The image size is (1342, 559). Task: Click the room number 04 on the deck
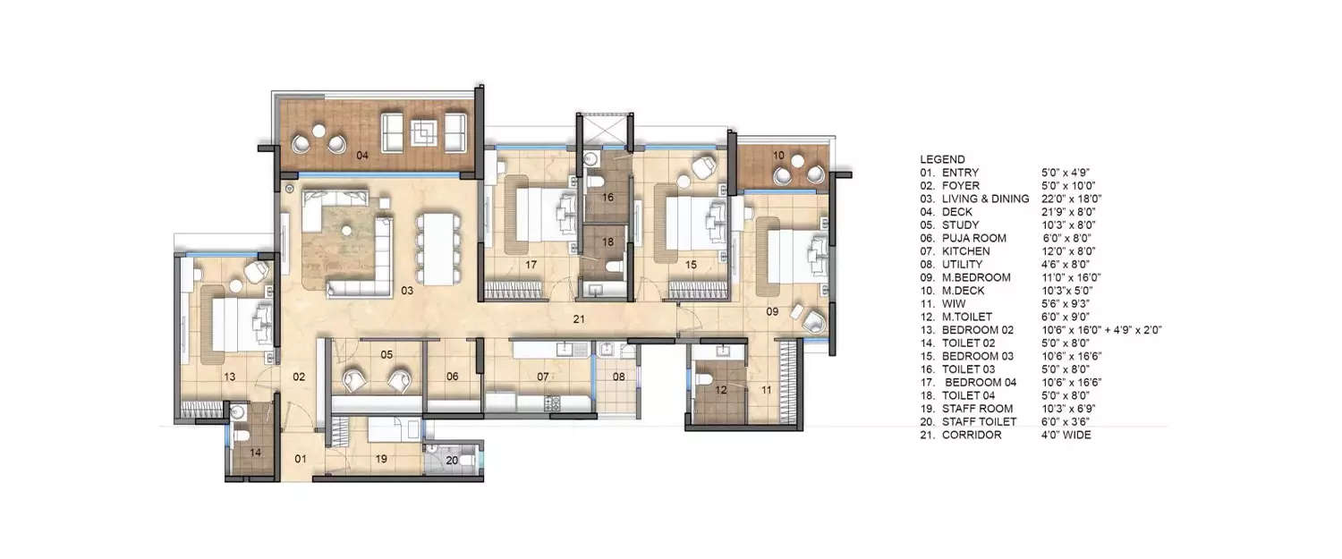click(x=362, y=156)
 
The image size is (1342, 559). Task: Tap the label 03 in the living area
click(x=407, y=290)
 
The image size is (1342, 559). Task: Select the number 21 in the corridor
click(x=579, y=318)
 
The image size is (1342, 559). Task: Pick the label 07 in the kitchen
click(x=542, y=377)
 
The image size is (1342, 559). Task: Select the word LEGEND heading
click(x=942, y=159)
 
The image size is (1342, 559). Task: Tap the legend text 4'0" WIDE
click(x=1066, y=435)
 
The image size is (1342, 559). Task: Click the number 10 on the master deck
click(x=778, y=156)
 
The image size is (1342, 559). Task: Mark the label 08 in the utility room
click(x=618, y=377)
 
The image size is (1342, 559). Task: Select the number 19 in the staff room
click(x=381, y=460)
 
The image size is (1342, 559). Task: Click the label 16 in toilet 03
click(x=607, y=198)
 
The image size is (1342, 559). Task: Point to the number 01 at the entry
click(x=301, y=460)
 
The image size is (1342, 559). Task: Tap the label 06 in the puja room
click(x=453, y=377)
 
